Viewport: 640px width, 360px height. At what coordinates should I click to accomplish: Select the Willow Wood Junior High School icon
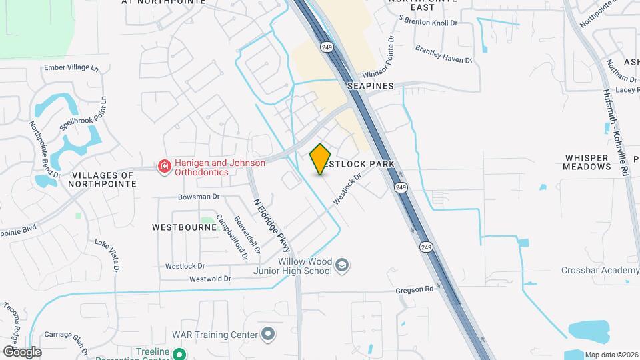(342, 265)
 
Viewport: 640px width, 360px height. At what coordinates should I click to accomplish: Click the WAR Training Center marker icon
(267, 333)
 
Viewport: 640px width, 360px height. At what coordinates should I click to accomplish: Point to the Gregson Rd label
(415, 289)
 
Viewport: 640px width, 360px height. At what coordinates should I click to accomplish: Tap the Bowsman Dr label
(198, 197)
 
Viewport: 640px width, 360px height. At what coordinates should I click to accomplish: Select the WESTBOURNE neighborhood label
(184, 227)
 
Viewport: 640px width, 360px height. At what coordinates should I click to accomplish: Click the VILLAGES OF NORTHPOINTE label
(101, 180)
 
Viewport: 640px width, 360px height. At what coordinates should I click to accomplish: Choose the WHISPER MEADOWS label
(586, 162)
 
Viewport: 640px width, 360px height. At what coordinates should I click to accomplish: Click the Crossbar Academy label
(599, 270)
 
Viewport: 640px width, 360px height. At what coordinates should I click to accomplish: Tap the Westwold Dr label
(209, 279)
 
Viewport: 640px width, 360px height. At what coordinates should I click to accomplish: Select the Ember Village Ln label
(70, 68)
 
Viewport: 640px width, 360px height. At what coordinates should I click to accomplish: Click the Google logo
(22, 351)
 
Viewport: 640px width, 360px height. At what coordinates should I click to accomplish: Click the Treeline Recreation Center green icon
(178, 354)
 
